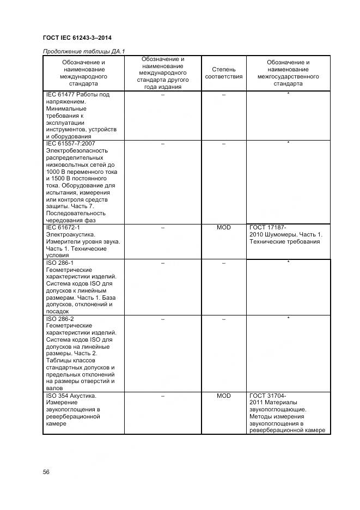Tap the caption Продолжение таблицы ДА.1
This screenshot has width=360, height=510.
pyautogui.click(x=84, y=52)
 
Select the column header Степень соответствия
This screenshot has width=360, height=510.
pyautogui.click(x=223, y=73)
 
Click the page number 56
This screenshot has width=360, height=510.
pyautogui.click(x=46, y=472)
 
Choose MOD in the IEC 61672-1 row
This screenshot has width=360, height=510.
pyautogui.click(x=223, y=227)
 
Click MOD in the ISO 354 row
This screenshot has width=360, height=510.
pyautogui.click(x=223, y=396)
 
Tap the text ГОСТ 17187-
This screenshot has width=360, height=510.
pyautogui.click(x=268, y=227)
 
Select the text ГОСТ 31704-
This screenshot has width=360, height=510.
pyautogui.click(x=268, y=396)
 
